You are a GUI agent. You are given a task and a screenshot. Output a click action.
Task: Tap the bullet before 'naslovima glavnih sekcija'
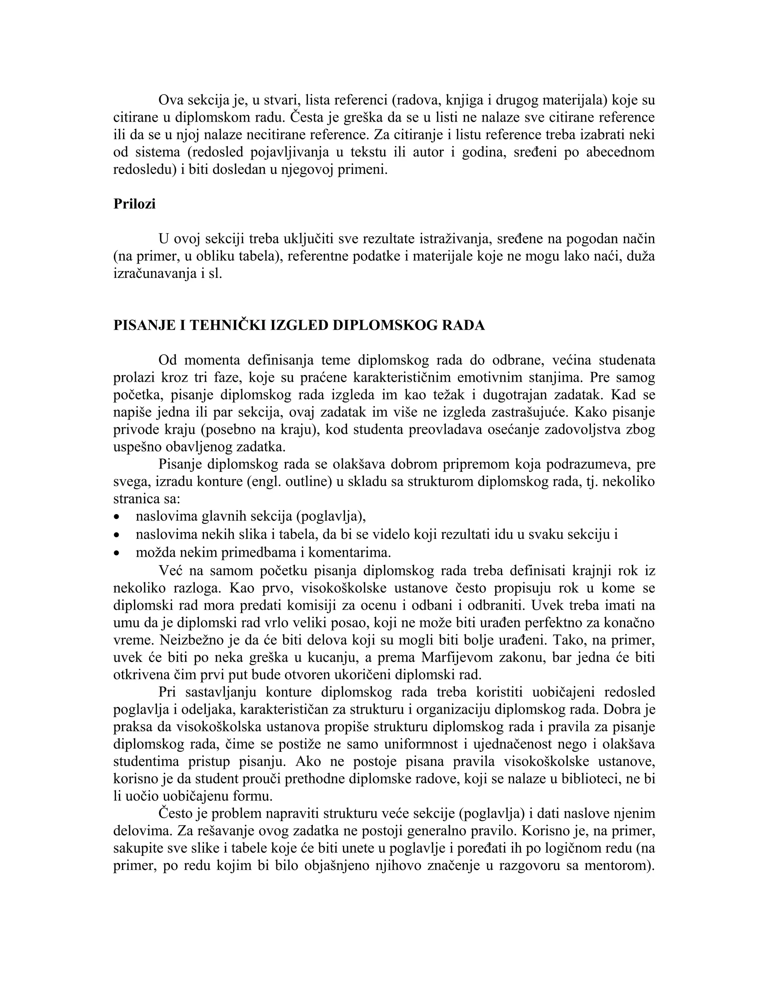click(x=118, y=517)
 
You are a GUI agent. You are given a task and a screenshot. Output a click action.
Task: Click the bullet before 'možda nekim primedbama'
click(x=118, y=553)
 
